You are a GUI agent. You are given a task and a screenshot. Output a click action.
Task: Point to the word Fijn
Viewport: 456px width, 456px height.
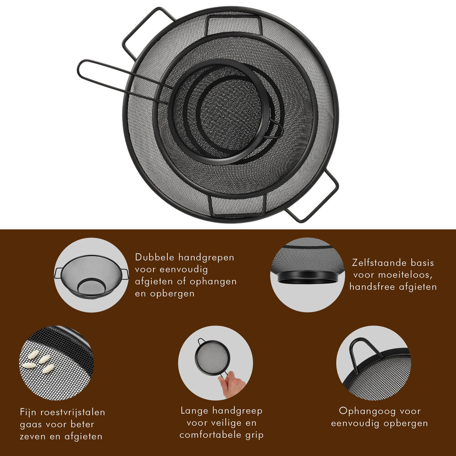point(28,412)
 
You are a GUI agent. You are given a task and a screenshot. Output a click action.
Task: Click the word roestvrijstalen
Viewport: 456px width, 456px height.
point(73,412)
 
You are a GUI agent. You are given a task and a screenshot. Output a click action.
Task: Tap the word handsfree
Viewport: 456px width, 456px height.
point(372,287)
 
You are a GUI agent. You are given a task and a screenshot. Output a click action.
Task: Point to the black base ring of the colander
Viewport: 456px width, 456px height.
point(307,277)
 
